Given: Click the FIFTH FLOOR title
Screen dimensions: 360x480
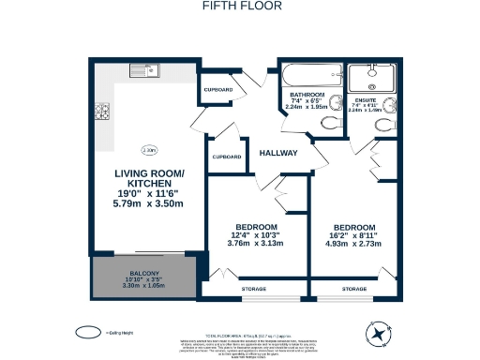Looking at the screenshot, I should click(x=239, y=5).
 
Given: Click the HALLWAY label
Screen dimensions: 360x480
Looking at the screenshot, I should click(x=278, y=153).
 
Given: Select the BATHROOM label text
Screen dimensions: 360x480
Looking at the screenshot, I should click(x=306, y=94).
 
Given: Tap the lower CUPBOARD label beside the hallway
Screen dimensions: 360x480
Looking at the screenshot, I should click(x=228, y=157).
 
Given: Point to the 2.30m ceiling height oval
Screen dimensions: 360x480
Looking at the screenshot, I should click(x=149, y=150).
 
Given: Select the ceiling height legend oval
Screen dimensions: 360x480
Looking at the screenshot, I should click(x=88, y=331).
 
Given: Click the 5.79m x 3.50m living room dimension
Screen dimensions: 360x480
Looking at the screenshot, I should click(x=149, y=203).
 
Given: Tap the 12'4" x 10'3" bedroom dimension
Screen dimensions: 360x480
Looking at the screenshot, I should click(x=256, y=236).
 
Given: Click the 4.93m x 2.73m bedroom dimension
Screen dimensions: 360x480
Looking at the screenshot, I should click(x=355, y=244).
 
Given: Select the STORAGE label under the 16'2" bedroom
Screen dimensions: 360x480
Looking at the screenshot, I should click(x=353, y=290).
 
